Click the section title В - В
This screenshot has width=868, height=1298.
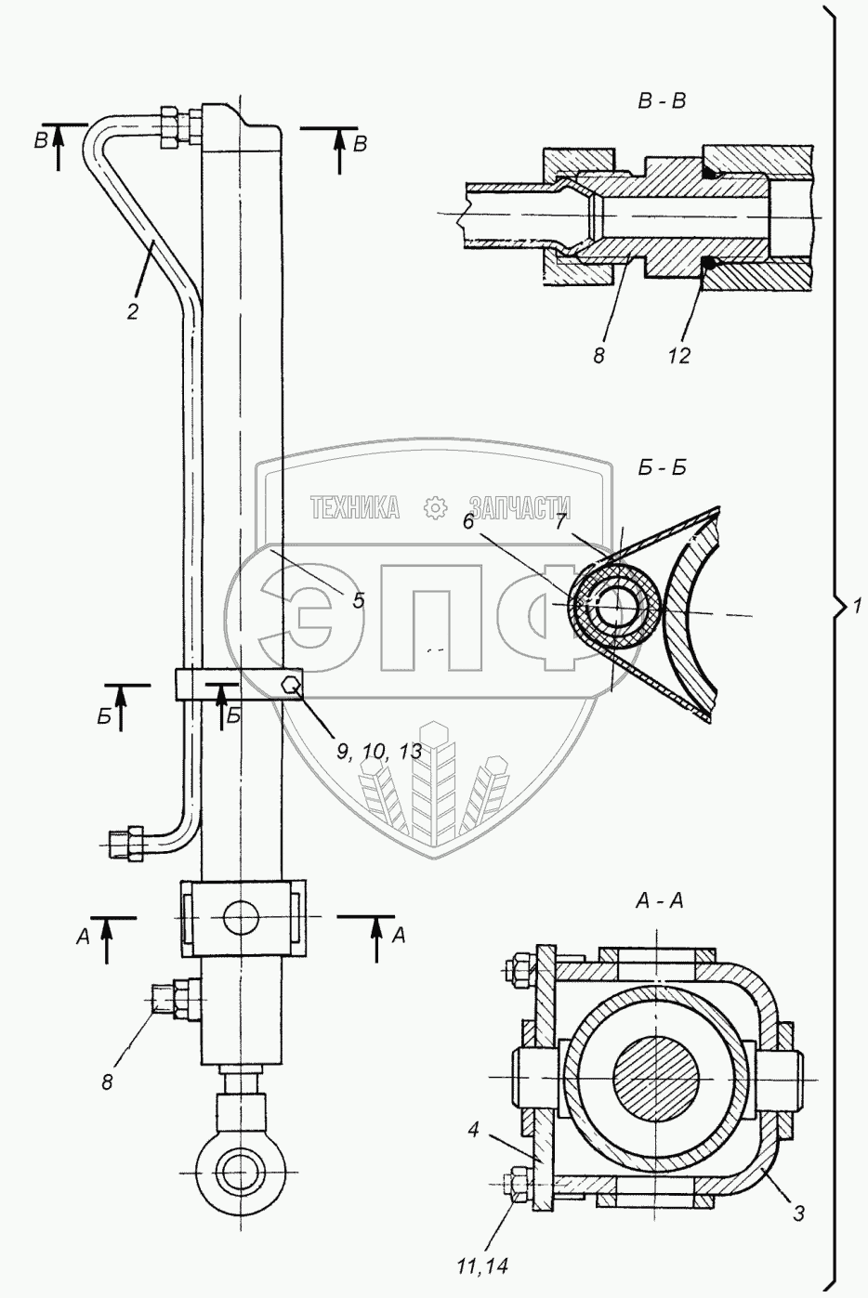662,102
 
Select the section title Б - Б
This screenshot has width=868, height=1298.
663,468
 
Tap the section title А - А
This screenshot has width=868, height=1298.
660,901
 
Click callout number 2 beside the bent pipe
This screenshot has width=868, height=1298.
133,312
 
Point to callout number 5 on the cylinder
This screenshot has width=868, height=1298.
358,600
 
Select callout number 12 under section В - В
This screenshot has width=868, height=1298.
678,356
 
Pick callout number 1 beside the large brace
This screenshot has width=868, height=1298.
857,607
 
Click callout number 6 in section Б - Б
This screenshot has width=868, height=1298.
468,523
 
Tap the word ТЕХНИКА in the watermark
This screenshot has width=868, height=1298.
355,507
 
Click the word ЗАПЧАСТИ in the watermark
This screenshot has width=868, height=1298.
519,507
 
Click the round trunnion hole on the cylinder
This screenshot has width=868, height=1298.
241,917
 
